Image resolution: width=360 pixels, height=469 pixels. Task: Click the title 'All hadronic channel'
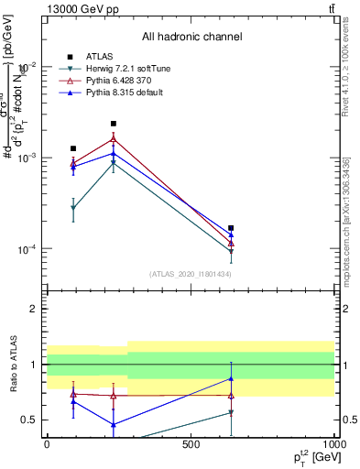191,37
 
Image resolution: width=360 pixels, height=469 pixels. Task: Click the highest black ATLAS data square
114,124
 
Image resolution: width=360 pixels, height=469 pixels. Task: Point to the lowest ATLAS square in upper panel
231,228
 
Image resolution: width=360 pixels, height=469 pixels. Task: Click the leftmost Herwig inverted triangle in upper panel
73,209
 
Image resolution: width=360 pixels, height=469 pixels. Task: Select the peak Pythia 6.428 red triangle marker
114,139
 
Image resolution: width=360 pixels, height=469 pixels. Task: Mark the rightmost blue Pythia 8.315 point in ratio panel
231,378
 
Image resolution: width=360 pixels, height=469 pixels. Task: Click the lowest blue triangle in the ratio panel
114,424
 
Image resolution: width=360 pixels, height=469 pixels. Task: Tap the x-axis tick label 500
191,444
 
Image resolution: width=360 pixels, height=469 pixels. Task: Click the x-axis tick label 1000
333,444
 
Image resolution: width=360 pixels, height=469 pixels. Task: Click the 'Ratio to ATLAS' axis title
14,365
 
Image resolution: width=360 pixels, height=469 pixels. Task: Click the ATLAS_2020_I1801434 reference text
191,273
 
